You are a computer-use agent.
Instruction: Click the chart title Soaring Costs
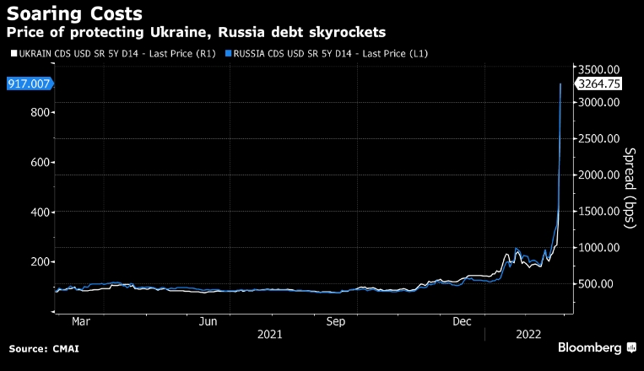pyautogui.click(x=74, y=13)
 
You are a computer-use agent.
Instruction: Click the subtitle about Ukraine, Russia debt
pyautogui.click(x=196, y=32)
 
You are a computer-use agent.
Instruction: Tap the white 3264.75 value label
pyautogui.click(x=598, y=83)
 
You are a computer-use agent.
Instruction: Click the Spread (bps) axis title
pyautogui.click(x=629, y=187)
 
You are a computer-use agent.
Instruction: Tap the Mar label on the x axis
pyautogui.click(x=82, y=321)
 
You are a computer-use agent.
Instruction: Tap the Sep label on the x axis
pyautogui.click(x=336, y=321)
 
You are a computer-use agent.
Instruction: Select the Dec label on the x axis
pyautogui.click(x=462, y=321)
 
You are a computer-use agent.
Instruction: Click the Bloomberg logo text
pyautogui.click(x=587, y=347)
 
